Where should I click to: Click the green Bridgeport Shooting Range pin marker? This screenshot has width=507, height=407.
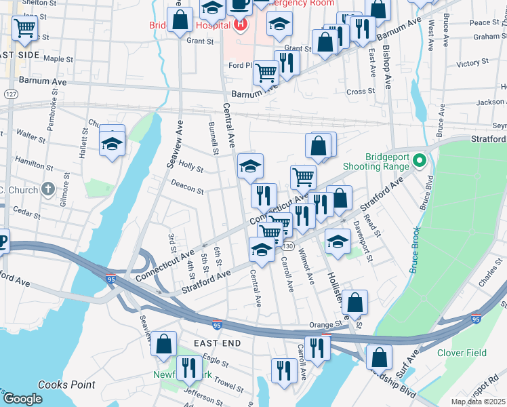(x=420, y=161)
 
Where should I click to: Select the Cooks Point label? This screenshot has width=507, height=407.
(x=66, y=385)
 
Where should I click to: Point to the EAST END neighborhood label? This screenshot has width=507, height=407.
(x=217, y=344)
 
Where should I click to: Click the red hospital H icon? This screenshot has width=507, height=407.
(x=239, y=26)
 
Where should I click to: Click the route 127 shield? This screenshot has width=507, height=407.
(x=9, y=94)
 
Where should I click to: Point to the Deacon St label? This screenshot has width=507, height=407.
(x=187, y=187)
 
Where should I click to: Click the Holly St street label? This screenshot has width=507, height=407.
(x=191, y=167)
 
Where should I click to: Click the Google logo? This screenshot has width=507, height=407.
(x=22, y=399)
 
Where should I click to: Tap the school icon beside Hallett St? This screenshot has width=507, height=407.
(x=112, y=143)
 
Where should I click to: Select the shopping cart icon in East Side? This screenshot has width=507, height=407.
(x=25, y=28)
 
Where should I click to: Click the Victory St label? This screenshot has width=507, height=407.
(x=468, y=64)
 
